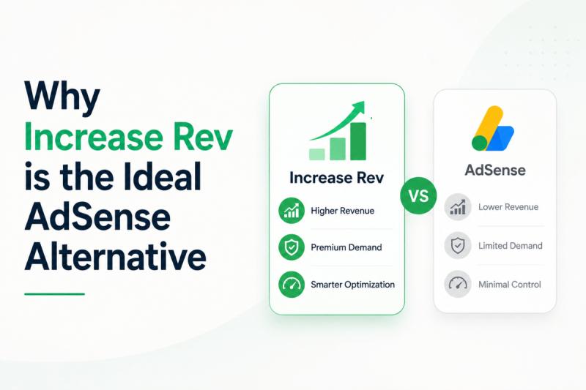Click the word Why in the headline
click(x=62, y=97)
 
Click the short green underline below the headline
click(x=54, y=294)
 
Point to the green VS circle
click(x=418, y=195)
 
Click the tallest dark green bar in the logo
click(x=358, y=141)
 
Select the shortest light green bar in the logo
click(x=317, y=154)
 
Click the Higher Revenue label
click(x=342, y=211)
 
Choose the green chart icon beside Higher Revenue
click(x=292, y=211)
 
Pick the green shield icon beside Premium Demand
click(x=292, y=247)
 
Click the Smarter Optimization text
click(x=352, y=285)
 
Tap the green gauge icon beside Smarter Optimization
click(x=292, y=285)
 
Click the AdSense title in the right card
click(x=495, y=170)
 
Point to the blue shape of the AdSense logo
click(x=502, y=138)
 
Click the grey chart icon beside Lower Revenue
click(x=458, y=207)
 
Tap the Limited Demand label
click(x=510, y=246)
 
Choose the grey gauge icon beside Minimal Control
click(x=458, y=284)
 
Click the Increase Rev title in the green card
click(x=337, y=178)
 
